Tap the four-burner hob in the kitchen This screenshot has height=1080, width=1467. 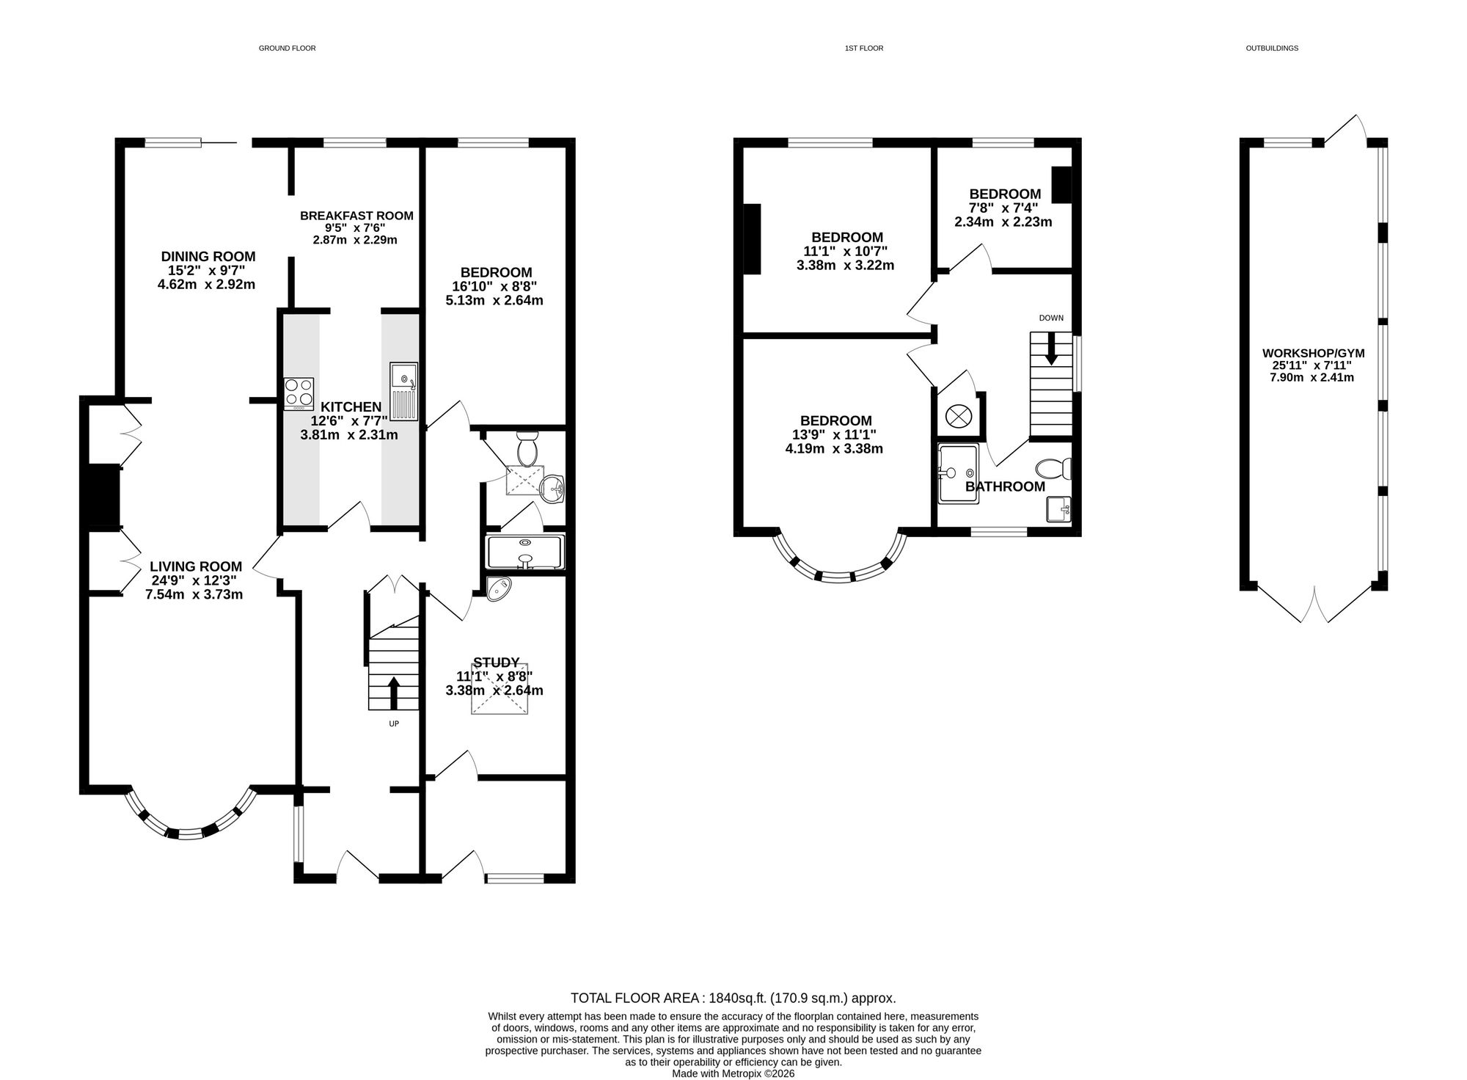click(299, 393)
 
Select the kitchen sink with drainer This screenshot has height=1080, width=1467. click(403, 392)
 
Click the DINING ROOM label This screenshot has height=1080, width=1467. click(208, 257)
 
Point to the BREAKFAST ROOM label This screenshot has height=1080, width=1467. click(356, 216)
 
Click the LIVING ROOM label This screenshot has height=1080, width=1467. click(196, 566)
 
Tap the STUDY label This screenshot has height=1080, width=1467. click(497, 663)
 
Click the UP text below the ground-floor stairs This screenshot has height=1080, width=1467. click(394, 724)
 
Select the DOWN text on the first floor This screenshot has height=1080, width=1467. click(1051, 318)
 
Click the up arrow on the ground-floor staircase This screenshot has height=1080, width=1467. click(393, 693)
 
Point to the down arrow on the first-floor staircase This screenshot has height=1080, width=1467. click(1051, 349)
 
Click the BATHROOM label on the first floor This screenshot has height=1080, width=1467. click(1005, 486)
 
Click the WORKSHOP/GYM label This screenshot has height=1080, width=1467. click(1313, 353)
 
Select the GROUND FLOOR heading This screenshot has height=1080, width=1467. click(288, 48)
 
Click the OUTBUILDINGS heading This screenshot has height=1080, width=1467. click(1272, 48)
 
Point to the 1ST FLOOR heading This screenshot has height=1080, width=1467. click(864, 48)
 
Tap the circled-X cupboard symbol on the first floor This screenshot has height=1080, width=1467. click(958, 417)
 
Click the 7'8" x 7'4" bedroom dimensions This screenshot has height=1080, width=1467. click(1003, 208)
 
